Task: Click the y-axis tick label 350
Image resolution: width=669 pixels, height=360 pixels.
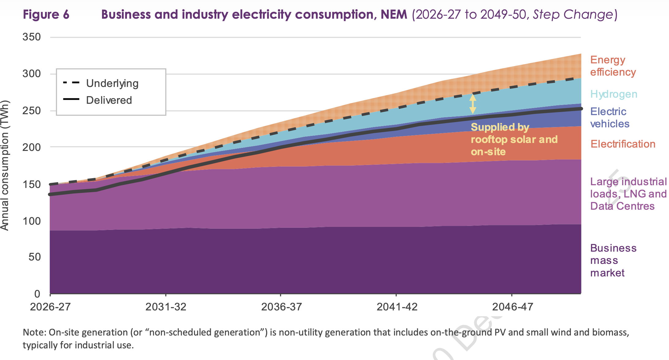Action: click(32, 37)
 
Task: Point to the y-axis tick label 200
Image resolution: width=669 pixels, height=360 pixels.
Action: click(32, 147)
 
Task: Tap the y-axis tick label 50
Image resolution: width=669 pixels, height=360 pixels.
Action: click(35, 257)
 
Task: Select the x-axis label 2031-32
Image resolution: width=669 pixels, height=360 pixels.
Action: click(166, 306)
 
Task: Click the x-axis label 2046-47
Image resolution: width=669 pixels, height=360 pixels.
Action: click(512, 306)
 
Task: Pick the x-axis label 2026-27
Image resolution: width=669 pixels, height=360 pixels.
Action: click(50, 306)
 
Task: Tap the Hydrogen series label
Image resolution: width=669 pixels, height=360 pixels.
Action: click(614, 94)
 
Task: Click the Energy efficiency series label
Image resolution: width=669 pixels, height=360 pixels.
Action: click(613, 66)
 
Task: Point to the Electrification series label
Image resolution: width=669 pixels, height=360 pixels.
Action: click(623, 144)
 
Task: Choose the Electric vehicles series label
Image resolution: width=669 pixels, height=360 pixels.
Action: click(610, 118)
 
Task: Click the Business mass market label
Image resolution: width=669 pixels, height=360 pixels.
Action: click(613, 260)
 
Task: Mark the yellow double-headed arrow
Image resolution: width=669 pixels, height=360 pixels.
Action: click(473, 104)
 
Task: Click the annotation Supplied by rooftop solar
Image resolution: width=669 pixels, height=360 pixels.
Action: click(514, 139)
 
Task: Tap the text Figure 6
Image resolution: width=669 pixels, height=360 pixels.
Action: click(46, 14)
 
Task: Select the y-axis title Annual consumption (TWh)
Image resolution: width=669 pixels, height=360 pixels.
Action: click(5, 165)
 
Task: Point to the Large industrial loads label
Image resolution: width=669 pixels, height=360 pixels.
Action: click(628, 194)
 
